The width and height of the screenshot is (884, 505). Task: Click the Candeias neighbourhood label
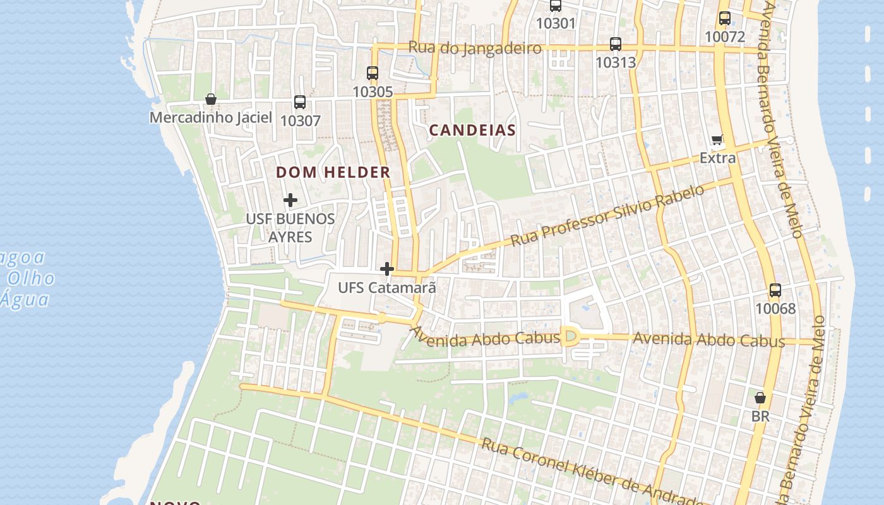pos(472,131)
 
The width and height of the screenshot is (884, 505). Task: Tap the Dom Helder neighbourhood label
pos(333,172)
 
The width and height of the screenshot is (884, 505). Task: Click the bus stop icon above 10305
pos(373,73)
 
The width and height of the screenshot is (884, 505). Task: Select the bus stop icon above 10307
pos(300,102)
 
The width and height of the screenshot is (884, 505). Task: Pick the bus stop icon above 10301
pos(556,6)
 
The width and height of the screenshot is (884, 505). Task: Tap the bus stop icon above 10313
pos(616,44)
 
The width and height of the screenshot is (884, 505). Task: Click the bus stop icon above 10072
pos(725,18)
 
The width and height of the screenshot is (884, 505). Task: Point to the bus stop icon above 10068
pos(775,291)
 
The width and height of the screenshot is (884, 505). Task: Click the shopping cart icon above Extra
pos(717,140)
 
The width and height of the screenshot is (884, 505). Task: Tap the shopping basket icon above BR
pos(760,398)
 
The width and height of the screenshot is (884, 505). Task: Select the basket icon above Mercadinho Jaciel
pos(211,99)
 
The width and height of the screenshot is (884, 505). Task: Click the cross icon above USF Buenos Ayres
pos(290,201)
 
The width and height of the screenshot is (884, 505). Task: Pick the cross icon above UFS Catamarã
pos(387,270)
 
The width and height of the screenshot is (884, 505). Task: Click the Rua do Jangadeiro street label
pos(475,48)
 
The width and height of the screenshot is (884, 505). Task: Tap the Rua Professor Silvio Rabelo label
pos(607,216)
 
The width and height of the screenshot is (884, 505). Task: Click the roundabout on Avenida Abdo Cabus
pos(571,336)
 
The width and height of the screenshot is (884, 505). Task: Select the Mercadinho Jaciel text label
pos(211,117)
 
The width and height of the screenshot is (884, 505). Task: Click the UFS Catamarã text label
pos(387,288)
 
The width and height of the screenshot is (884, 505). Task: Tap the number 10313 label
pos(616,62)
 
